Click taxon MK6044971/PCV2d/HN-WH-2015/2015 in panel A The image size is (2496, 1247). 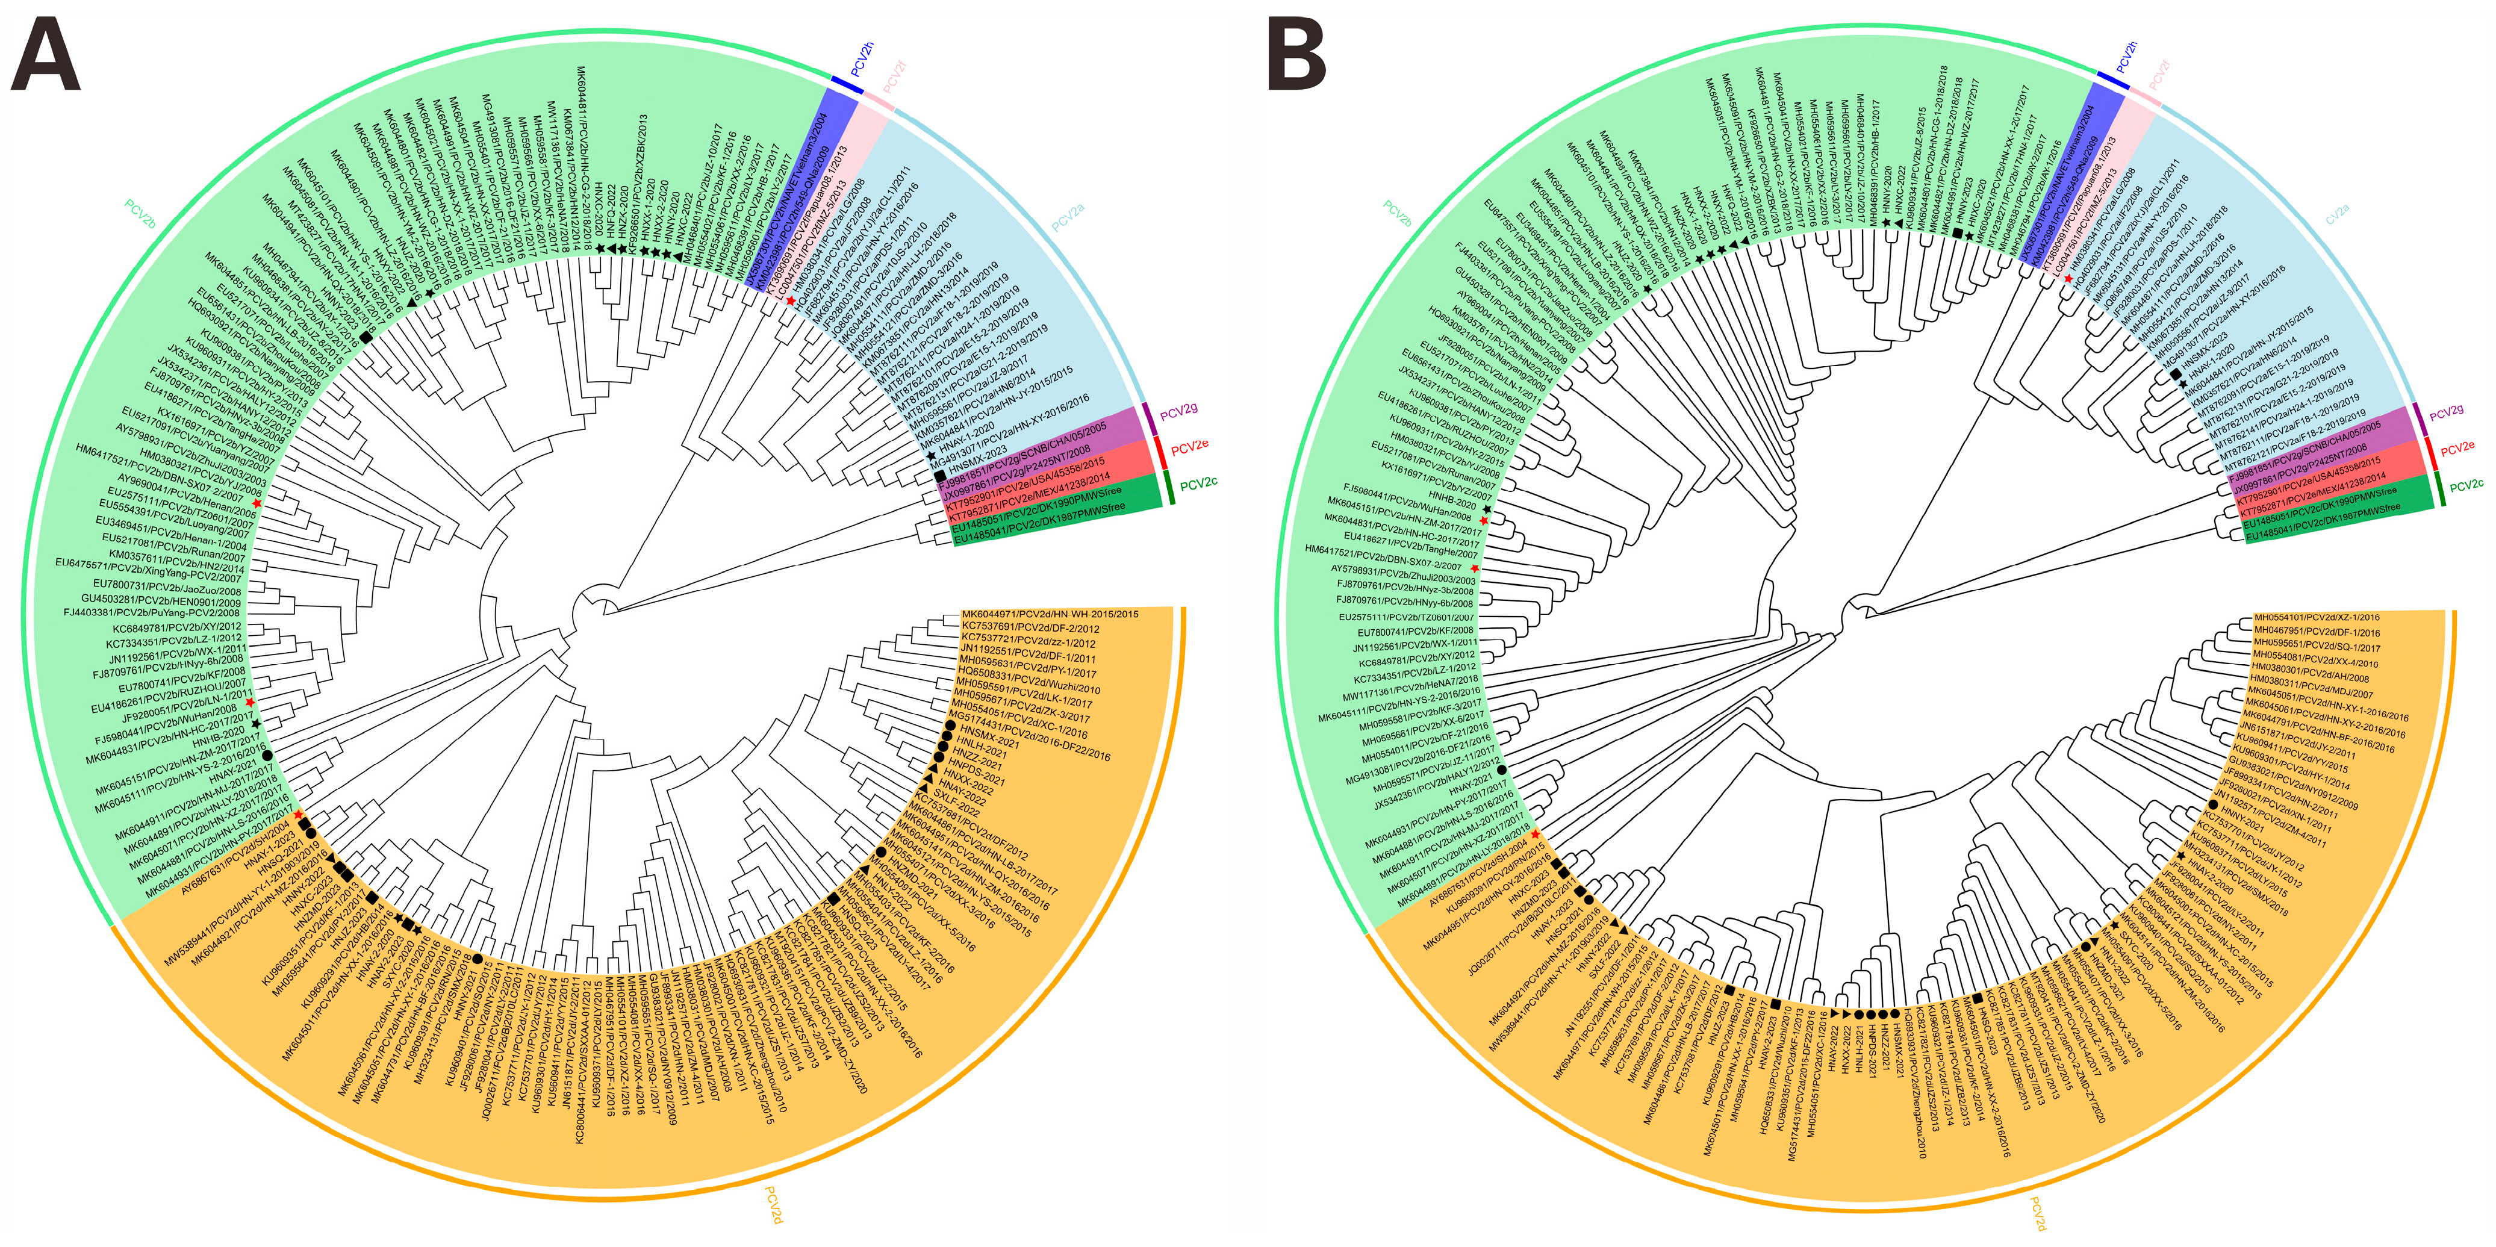click(x=1050, y=614)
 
